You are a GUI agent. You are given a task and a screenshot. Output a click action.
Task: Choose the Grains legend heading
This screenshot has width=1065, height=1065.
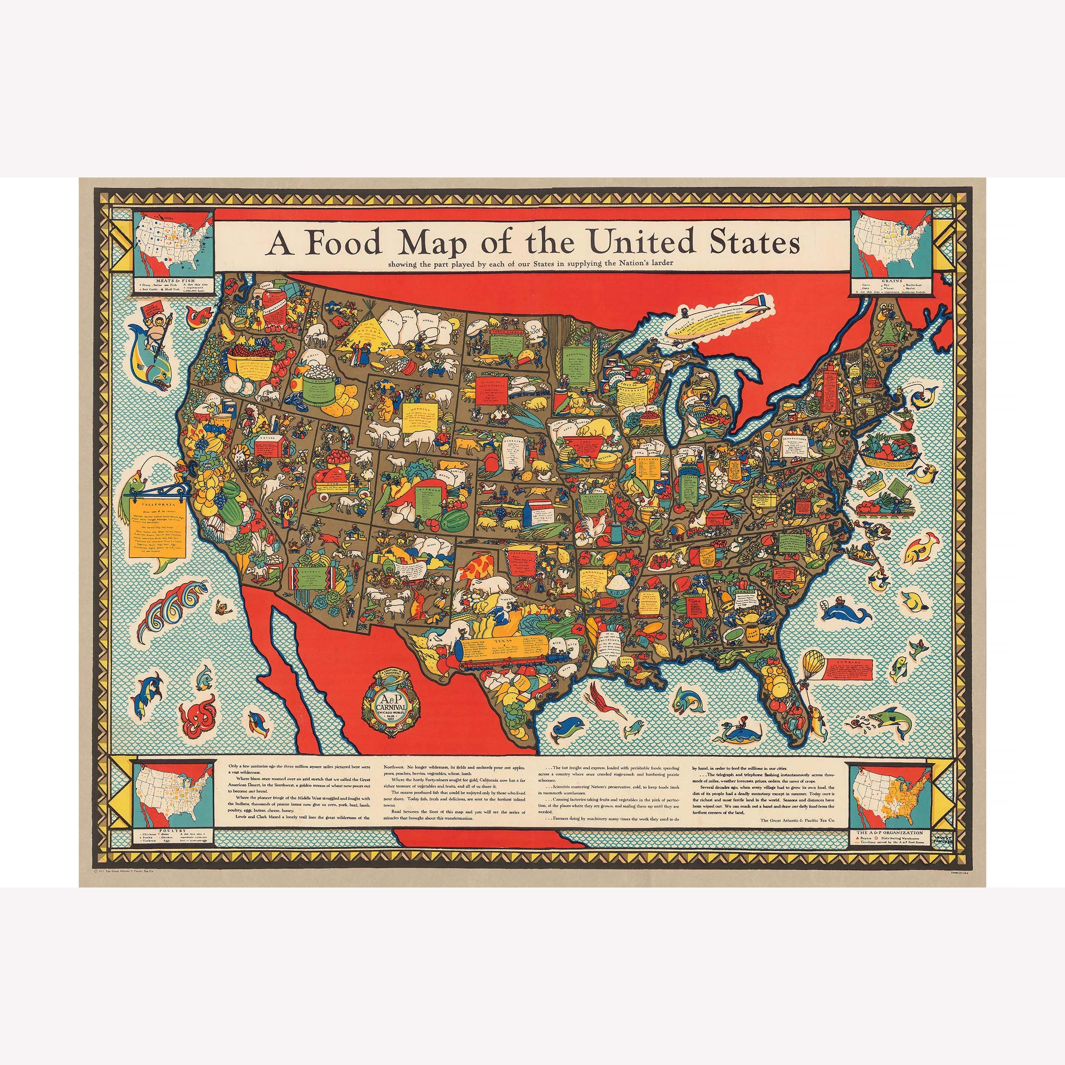point(891,280)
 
